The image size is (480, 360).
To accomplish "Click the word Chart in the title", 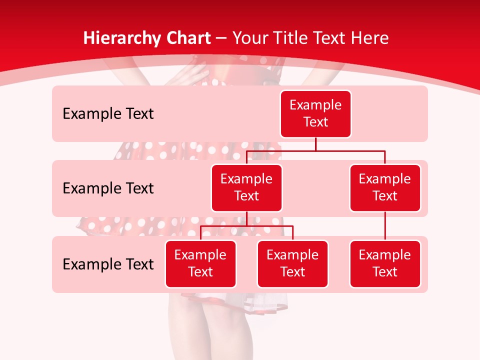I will coord(188,38).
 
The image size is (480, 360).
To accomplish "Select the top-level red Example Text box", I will coord(315,113).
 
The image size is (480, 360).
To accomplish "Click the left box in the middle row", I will coord(246,187).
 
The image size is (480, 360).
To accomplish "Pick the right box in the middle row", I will coord(385,187).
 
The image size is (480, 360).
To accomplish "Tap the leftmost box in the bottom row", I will coord(200,263).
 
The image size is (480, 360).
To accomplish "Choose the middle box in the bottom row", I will coord(292,263).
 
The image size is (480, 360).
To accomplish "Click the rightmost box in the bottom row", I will coord(385,263).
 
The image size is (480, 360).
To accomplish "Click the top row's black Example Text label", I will coord(108,114).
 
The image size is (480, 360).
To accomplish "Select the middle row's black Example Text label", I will coord(108,188).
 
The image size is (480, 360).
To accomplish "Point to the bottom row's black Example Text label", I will coord(108,264).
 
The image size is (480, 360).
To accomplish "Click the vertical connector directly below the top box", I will coord(315,144).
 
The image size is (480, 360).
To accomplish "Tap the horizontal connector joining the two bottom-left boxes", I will coord(246,226).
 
